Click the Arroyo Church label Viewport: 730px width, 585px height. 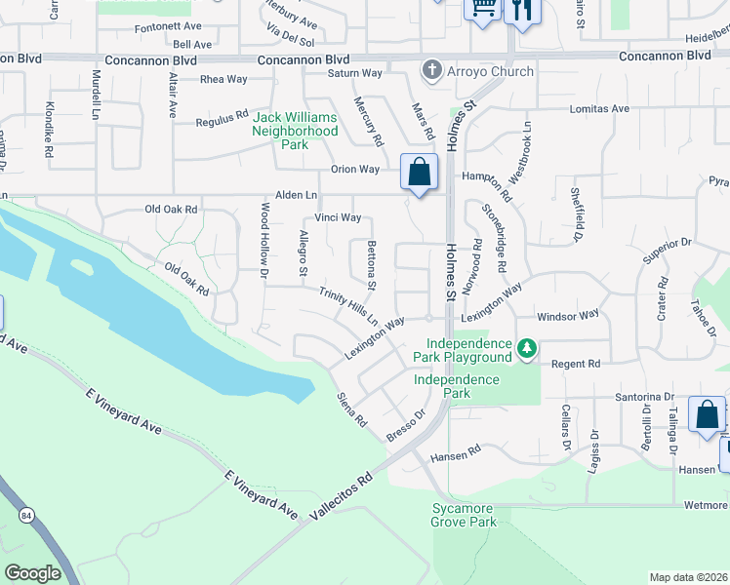click(490, 71)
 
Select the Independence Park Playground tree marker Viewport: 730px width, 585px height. click(527, 348)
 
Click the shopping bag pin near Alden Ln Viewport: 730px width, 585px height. click(419, 173)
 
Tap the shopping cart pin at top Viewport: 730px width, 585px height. click(482, 8)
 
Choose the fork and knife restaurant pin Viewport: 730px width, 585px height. click(524, 10)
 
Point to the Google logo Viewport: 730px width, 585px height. click(32, 573)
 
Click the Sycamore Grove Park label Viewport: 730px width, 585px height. click(465, 516)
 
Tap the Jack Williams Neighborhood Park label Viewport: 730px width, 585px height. click(296, 131)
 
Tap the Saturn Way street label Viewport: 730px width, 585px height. click(354, 73)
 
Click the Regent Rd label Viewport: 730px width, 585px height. click(575, 364)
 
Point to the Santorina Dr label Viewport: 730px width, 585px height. click(644, 397)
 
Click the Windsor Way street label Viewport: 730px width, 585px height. click(568, 316)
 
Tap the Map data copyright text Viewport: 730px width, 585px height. click(687, 577)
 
